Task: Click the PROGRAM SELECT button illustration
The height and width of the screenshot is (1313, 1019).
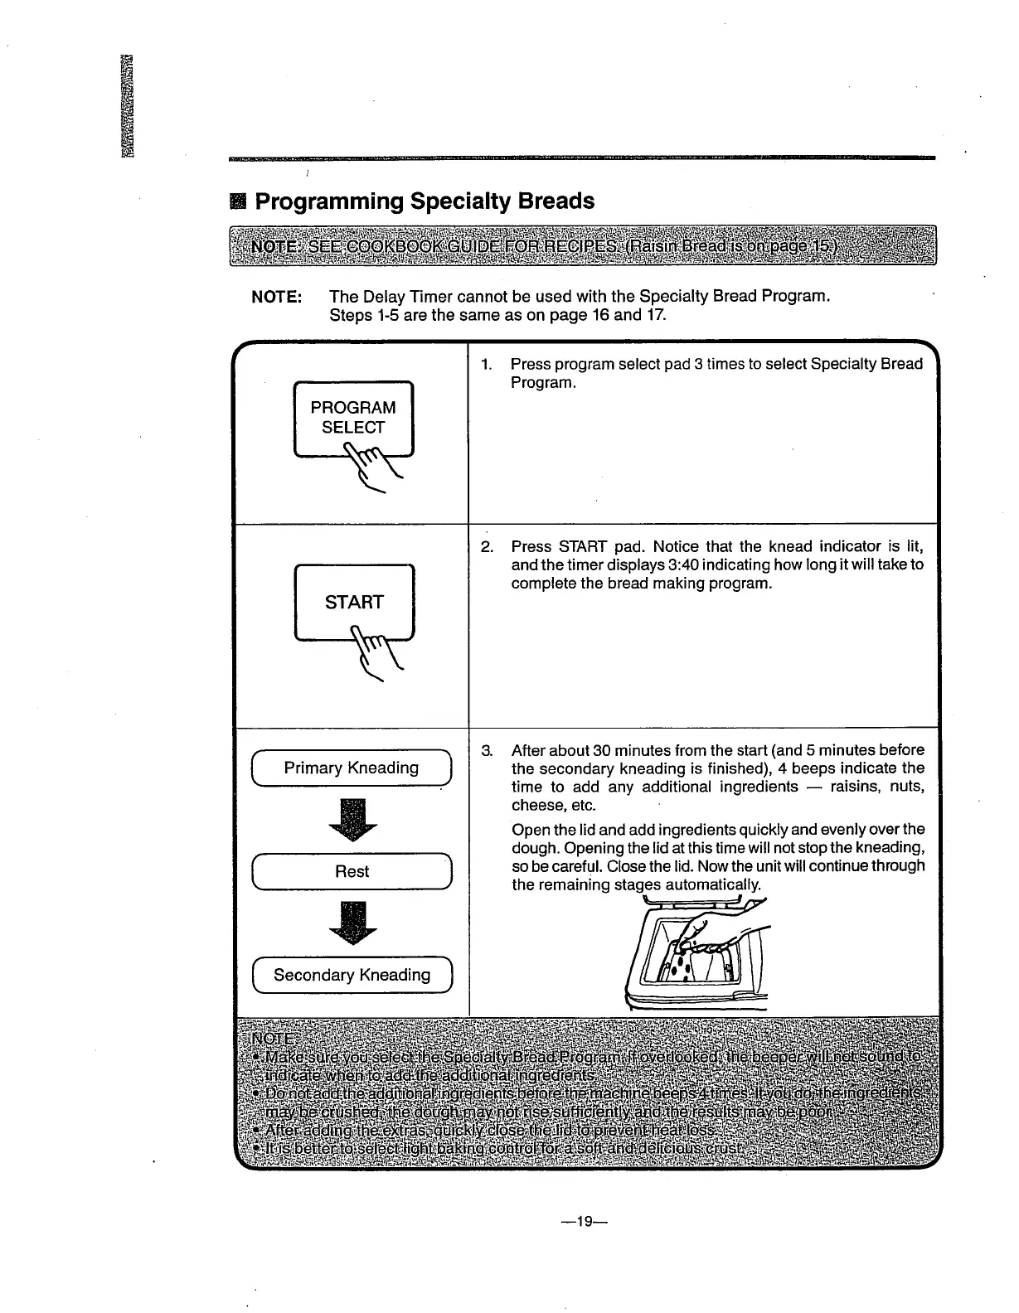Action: pyautogui.click(x=353, y=417)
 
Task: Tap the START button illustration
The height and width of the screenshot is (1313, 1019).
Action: pyautogui.click(x=354, y=600)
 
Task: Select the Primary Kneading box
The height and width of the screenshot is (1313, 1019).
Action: pyautogui.click(x=352, y=768)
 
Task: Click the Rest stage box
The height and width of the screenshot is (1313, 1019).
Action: pyautogui.click(x=352, y=871)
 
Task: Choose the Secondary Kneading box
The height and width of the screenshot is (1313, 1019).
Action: pyautogui.click(x=352, y=975)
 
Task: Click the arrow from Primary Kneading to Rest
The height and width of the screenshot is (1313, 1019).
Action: pyautogui.click(x=352, y=819)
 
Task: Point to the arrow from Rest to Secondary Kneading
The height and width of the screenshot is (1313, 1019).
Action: pyautogui.click(x=352, y=923)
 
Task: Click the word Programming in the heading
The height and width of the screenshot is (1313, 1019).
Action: pyautogui.click(x=329, y=201)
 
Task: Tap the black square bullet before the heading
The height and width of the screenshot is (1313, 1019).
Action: pyautogui.click(x=239, y=202)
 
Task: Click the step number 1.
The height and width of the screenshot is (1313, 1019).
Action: pyautogui.click(x=486, y=364)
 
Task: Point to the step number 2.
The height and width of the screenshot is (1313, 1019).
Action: pyautogui.click(x=487, y=547)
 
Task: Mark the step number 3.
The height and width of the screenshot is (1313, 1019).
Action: pyautogui.click(x=487, y=751)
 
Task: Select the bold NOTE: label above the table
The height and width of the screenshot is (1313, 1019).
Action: pyautogui.click(x=276, y=297)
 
